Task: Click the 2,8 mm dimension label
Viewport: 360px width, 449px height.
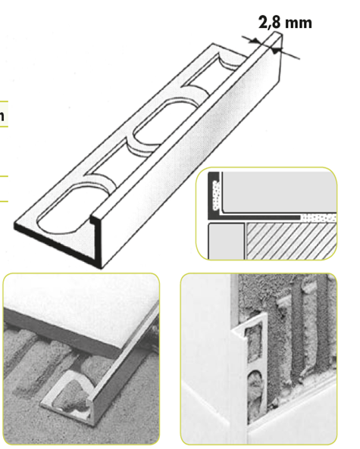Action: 285,22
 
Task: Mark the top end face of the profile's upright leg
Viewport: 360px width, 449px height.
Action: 277,37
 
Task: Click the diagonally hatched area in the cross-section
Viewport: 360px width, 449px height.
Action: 291,241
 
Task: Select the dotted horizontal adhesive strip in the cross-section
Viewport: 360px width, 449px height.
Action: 319,218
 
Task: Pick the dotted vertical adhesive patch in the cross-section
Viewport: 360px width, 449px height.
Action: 216,195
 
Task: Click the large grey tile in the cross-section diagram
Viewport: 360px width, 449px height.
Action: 279,192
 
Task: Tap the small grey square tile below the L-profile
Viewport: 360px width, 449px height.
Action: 226,241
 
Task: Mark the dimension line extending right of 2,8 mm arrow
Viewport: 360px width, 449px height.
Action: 290,55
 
